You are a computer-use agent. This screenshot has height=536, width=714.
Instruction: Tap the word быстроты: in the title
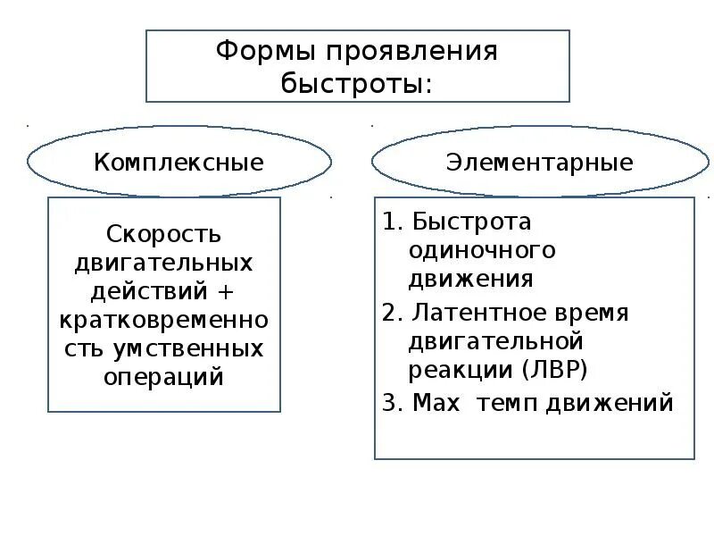pyautogui.click(x=356, y=84)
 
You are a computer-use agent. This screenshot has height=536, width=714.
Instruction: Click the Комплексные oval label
pyautogui.click(x=179, y=163)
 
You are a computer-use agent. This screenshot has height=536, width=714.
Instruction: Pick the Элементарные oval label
pyautogui.click(x=540, y=163)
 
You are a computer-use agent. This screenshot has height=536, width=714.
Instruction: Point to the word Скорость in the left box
pyautogui.click(x=163, y=234)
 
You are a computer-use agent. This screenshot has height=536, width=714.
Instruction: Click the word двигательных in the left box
pyautogui.click(x=163, y=263)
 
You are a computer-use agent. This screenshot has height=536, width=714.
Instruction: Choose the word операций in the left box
pyautogui.click(x=163, y=375)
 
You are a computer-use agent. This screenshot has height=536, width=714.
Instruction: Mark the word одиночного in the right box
pyautogui.click(x=482, y=250)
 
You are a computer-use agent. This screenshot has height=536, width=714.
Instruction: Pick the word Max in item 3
pyautogui.click(x=436, y=403)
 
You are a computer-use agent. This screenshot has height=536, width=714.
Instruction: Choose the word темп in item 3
pyautogui.click(x=506, y=403)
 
